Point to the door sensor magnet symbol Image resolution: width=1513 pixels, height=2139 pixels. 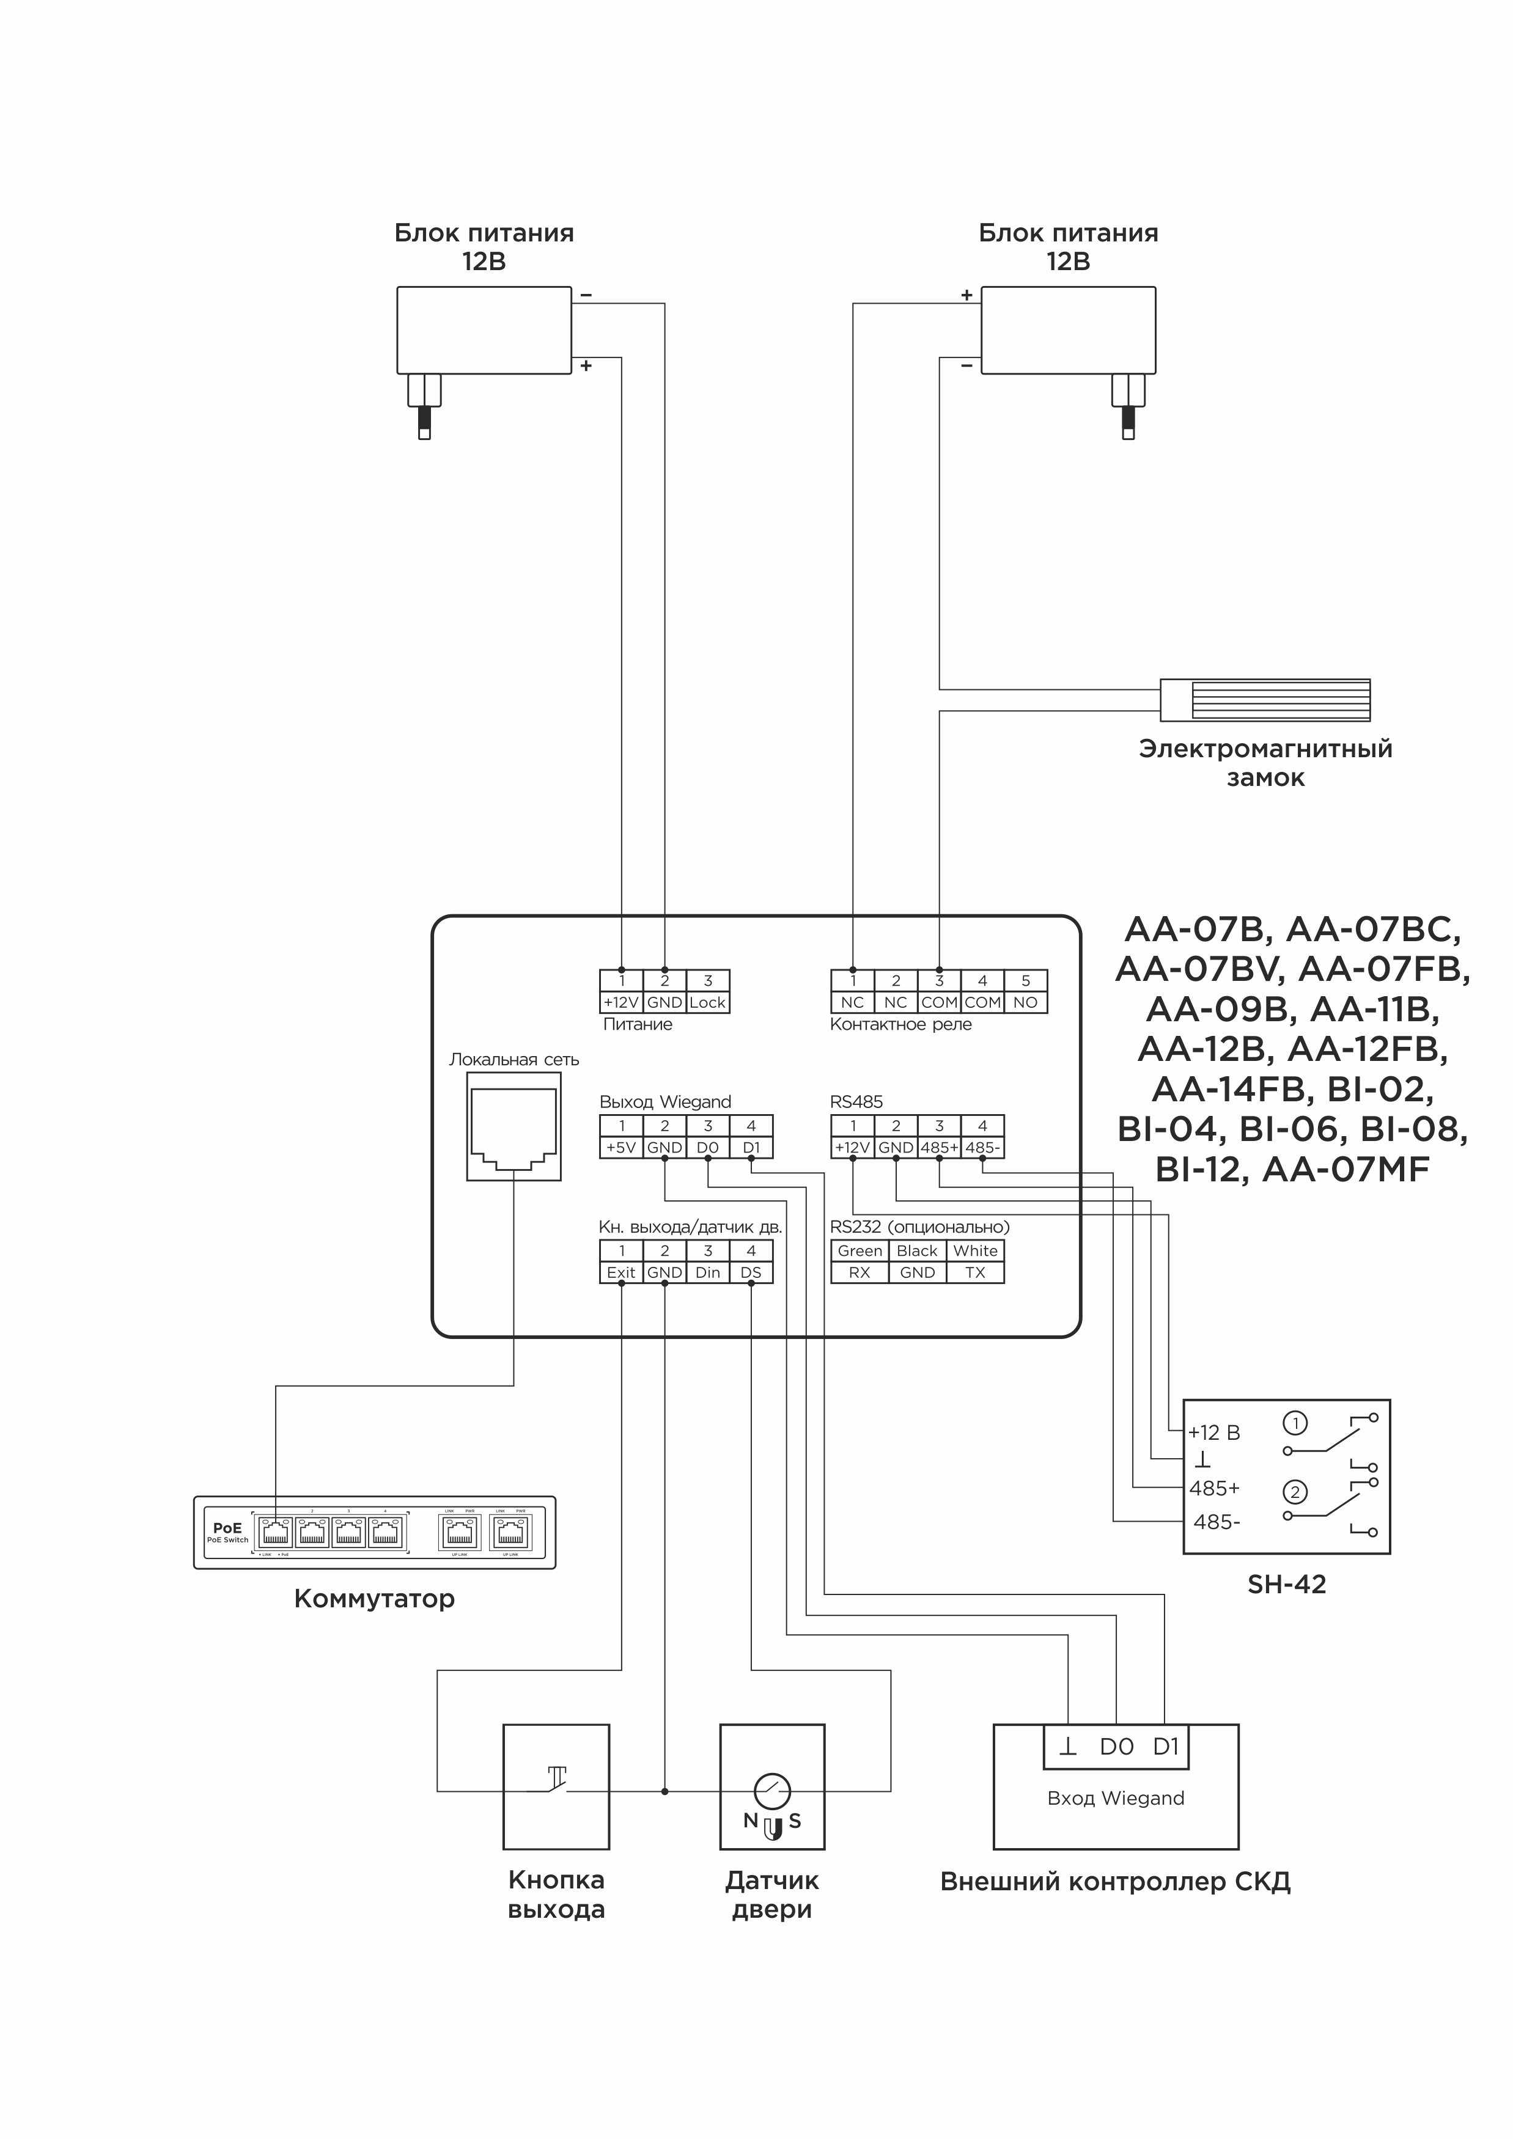click(772, 1830)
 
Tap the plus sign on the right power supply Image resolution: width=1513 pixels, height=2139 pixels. click(967, 295)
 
